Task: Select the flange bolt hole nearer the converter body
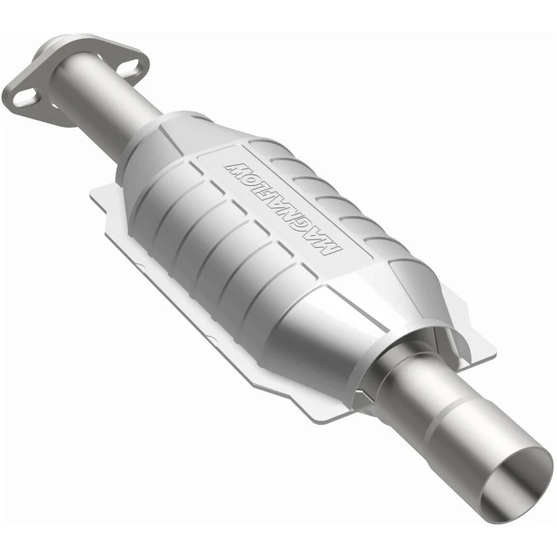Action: pos(132,67)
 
